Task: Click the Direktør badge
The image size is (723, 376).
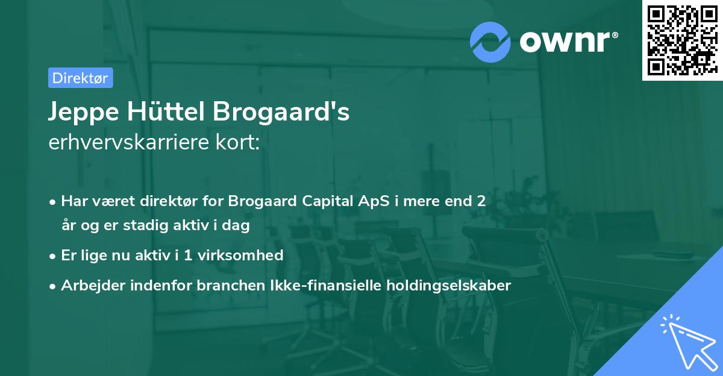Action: (x=80, y=78)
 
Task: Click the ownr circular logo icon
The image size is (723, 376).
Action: (x=490, y=42)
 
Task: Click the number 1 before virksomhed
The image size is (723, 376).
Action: (x=187, y=255)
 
